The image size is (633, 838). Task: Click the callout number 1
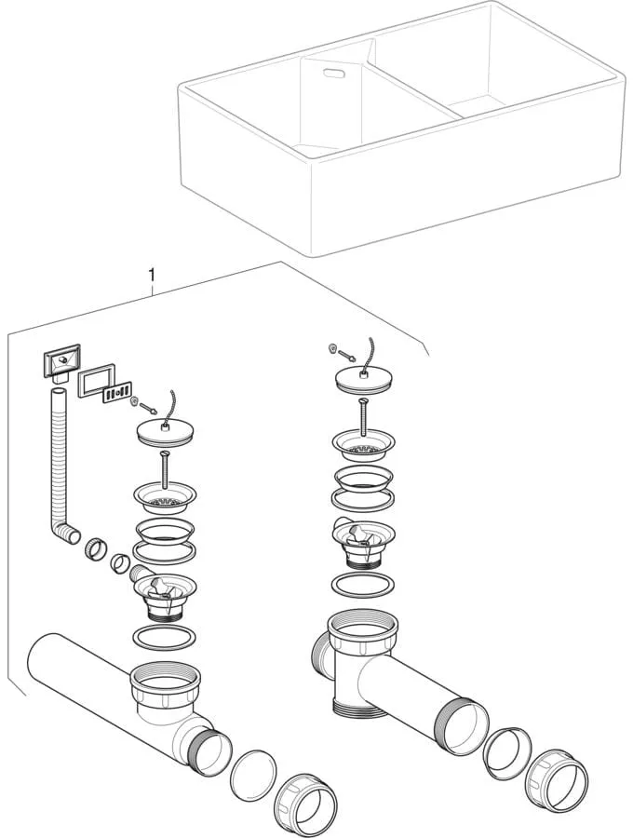pyautogui.click(x=151, y=276)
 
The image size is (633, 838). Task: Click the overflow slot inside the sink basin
pyautogui.click(x=332, y=71)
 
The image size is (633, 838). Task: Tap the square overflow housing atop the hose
pyautogui.click(x=60, y=360)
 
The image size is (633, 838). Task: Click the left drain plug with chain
pyautogui.click(x=165, y=432)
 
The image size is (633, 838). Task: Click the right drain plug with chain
pyautogui.click(x=360, y=378)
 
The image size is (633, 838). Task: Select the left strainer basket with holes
pyautogui.click(x=165, y=496)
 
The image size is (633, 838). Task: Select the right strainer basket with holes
pyautogui.click(x=361, y=447)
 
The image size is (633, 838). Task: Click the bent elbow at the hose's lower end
pyautogui.click(x=68, y=534)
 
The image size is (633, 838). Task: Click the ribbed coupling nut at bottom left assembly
pyautogui.click(x=304, y=802)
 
